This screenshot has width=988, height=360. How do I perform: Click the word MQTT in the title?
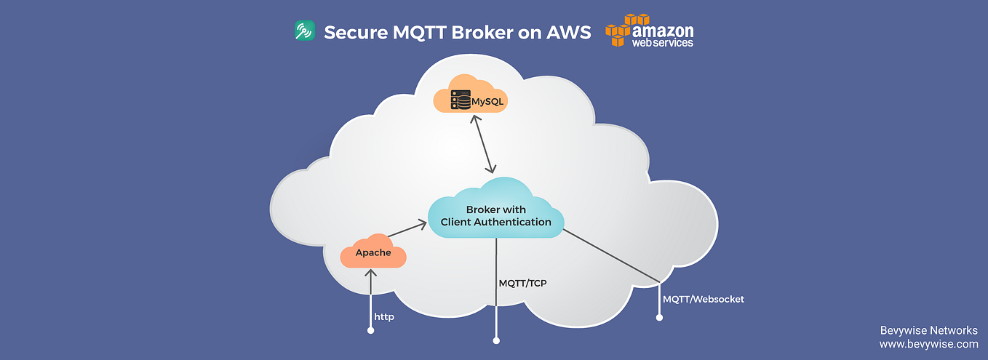pos(414,33)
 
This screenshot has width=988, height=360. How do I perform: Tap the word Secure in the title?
pos(351,33)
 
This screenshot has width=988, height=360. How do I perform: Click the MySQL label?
pos(486,101)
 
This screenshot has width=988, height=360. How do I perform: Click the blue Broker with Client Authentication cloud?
pos(495,215)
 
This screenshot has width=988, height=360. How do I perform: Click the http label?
pos(384,317)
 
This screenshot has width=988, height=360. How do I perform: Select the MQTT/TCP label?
pos(522,283)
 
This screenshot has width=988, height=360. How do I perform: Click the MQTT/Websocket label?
pos(703,299)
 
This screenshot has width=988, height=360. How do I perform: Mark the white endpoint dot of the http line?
pos(371,331)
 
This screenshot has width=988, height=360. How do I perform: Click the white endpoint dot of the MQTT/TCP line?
pos(496,340)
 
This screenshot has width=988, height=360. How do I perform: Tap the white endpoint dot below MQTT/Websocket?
pos(659,317)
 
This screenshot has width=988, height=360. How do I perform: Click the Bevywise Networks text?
pos(929,330)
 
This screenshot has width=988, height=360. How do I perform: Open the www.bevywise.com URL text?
pos(928,344)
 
